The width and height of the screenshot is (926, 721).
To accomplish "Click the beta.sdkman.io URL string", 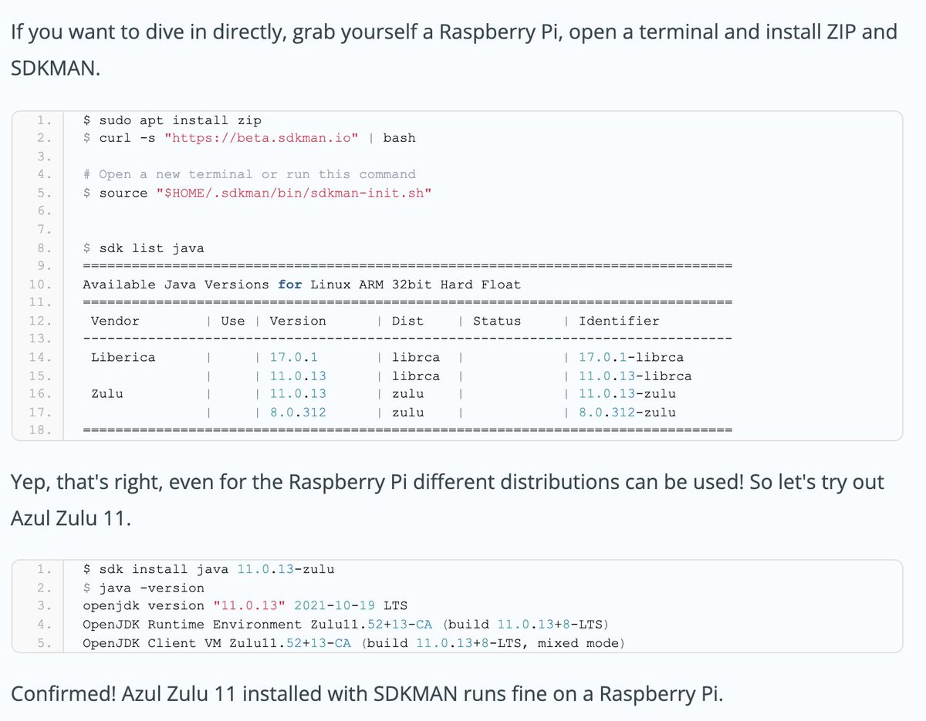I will point(262,138).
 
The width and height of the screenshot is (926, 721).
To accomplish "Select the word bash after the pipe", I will point(399,138).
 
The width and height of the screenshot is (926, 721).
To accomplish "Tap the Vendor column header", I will point(115,321).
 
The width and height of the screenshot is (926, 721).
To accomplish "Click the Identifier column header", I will point(619,321).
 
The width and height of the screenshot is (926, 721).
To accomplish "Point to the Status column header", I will point(497,321).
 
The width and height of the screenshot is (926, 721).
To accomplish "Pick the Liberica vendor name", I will point(123,357).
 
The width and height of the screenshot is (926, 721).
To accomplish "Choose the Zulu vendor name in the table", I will point(107,393).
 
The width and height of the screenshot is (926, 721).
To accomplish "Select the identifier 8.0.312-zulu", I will point(627,413).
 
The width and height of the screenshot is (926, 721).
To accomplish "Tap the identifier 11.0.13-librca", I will point(635,376).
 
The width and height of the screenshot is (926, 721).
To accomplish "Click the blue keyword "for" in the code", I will point(290,285).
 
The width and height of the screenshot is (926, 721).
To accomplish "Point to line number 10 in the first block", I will point(41,285).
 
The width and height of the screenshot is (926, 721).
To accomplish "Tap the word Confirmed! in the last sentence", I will point(62,693).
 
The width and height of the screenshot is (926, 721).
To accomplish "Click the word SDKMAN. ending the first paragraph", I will point(56,68).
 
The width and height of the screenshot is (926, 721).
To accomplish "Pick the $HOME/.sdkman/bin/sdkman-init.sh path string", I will point(293,193).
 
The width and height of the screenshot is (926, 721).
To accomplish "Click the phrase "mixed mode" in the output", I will point(579,643).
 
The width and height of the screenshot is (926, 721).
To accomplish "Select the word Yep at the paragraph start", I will point(28,483).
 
